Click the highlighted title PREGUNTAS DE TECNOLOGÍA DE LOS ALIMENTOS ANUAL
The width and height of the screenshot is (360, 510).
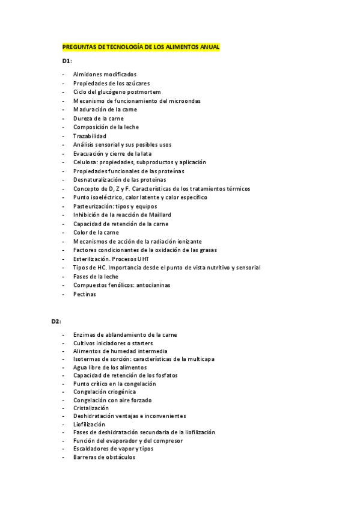click(141, 47)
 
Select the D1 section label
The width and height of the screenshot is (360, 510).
click(67, 61)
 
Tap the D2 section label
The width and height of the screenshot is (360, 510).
click(56, 321)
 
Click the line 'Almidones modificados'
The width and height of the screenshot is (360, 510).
click(105, 74)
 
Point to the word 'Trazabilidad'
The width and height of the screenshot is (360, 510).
click(90, 136)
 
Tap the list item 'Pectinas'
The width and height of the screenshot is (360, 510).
click(85, 294)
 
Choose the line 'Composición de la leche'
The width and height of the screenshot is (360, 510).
click(106, 127)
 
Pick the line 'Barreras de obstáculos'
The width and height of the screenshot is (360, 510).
click(105, 457)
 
